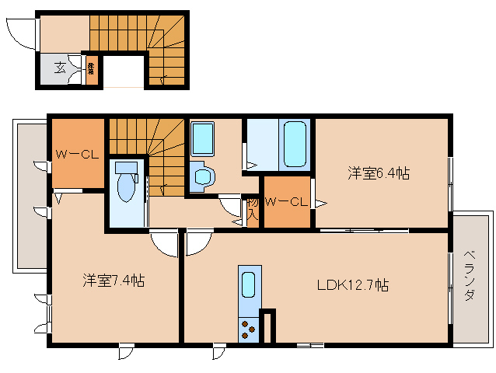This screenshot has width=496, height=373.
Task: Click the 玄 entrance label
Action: [x=60, y=68]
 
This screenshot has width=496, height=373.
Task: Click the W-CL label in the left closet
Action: [x=75, y=154]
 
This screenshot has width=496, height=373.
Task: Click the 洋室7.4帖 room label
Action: [x=114, y=281]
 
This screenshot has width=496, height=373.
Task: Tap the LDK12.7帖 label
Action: [x=351, y=285]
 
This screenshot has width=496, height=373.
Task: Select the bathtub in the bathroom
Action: [x=294, y=144]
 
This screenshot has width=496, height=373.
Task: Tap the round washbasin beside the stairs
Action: [x=203, y=176]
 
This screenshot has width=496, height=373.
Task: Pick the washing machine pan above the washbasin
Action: [x=202, y=138]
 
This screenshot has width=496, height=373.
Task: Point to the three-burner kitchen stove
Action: [x=249, y=329]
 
